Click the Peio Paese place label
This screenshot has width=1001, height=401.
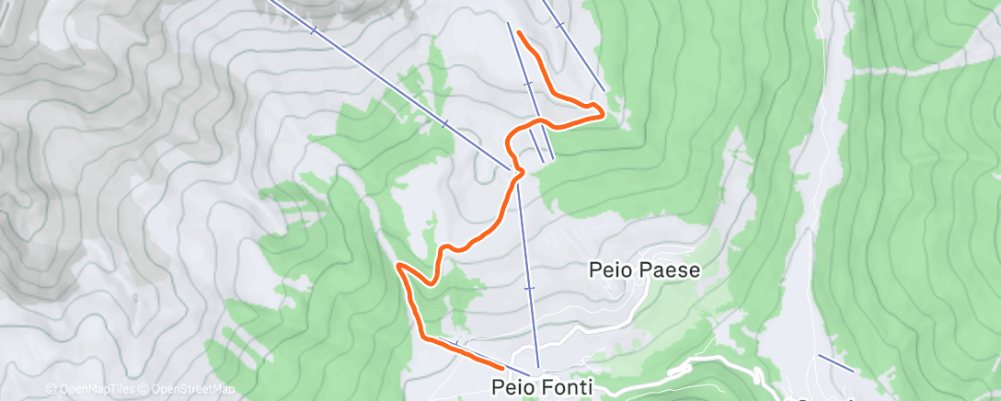coord(644,270)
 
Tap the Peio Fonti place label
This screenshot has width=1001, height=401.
coord(541,386)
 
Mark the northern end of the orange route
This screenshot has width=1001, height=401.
coord(520,33)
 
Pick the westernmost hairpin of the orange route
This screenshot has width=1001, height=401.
coord(398,266)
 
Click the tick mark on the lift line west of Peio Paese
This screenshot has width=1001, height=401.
coord(529,288)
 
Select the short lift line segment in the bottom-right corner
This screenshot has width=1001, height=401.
coord(835,362)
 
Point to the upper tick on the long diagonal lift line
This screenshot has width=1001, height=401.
coord(314,30)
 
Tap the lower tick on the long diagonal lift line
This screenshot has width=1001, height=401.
coord(444,122)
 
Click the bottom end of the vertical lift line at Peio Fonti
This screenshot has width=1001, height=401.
coord(538,366)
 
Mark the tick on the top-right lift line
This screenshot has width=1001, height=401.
coord(558,25)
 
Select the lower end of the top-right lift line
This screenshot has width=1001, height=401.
coord(604,91)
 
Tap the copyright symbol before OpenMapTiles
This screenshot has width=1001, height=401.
coord(51,389)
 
